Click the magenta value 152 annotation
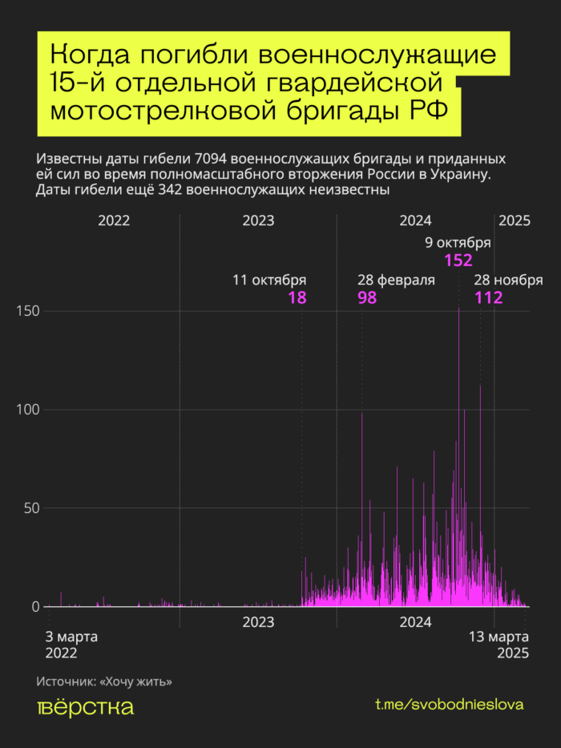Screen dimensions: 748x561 pyautogui.click(x=458, y=261)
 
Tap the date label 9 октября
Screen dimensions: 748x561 pyautogui.click(x=458, y=244)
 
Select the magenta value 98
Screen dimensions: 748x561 pyautogui.click(x=367, y=298)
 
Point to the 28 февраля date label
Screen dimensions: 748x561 pyautogui.click(x=396, y=281)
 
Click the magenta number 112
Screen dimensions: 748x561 pyautogui.click(x=488, y=298)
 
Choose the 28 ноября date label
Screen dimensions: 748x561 pyautogui.click(x=508, y=281)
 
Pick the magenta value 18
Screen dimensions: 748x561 pyautogui.click(x=297, y=298)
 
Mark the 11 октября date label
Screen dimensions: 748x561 pyautogui.click(x=269, y=281)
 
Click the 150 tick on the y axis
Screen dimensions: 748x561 pyautogui.click(x=28, y=311)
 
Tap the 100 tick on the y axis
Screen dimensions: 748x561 pyautogui.click(x=28, y=410)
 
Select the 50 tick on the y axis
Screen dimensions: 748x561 pyautogui.click(x=30, y=508)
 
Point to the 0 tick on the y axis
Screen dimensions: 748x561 pyautogui.click(x=35, y=607)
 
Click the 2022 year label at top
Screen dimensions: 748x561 pyautogui.click(x=114, y=221)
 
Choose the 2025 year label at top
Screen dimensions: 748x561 pyautogui.click(x=515, y=221)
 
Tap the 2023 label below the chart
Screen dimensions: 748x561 pyautogui.click(x=258, y=622)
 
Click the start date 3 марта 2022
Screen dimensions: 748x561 pyautogui.click(x=71, y=645)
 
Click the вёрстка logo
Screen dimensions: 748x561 pyautogui.click(x=86, y=707)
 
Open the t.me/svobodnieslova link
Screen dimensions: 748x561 pyautogui.click(x=450, y=704)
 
